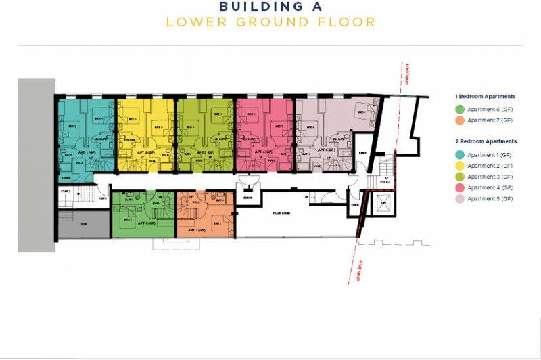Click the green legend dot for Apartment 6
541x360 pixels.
click(x=460, y=109)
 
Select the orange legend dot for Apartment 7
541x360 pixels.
click(x=460, y=120)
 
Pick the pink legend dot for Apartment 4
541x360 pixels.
click(x=460, y=187)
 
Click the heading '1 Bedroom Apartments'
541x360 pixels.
click(x=486, y=97)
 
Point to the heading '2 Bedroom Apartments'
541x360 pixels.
click(x=486, y=141)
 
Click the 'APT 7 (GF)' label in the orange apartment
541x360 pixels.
click(x=197, y=230)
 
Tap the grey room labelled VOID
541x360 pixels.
click(x=83, y=224)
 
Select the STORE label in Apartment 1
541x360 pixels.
click(x=66, y=178)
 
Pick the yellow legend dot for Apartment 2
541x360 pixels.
click(x=460, y=166)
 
